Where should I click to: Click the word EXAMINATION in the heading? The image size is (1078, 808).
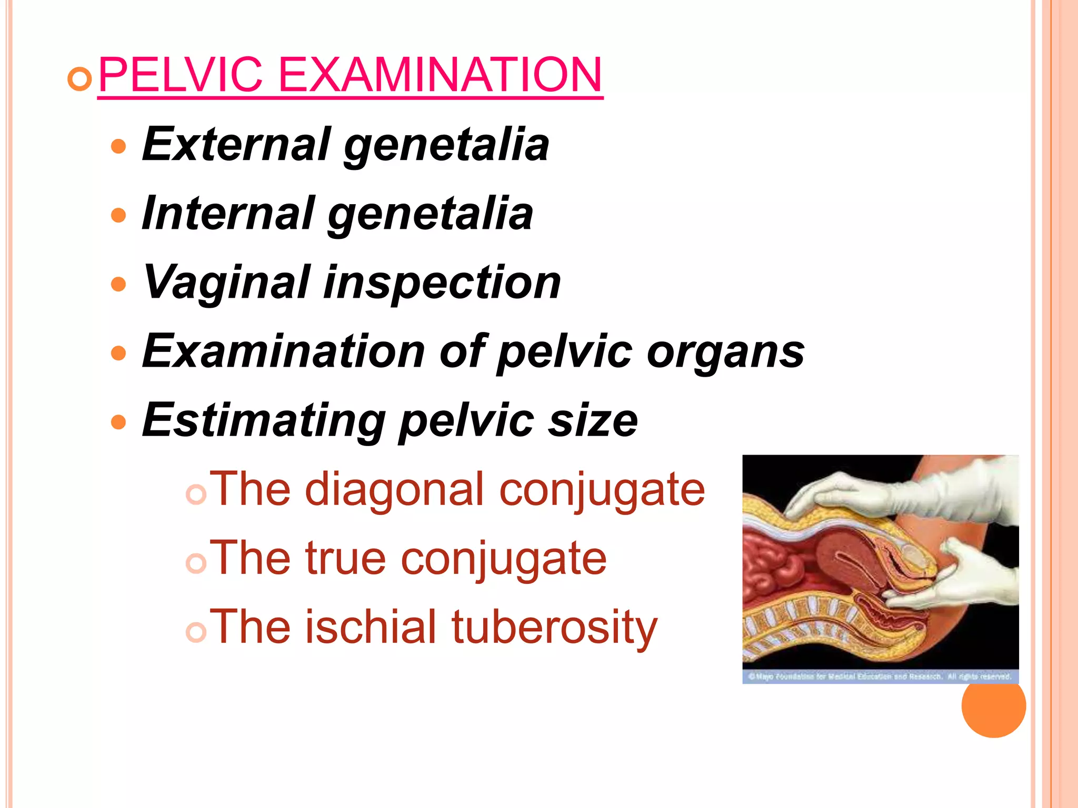pos(440,75)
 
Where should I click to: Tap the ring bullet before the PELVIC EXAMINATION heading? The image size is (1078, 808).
pos(80,79)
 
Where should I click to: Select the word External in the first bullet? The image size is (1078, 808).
pos(236,144)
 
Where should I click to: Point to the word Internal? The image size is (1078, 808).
pos(228,213)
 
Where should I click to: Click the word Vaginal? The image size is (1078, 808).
pos(226,283)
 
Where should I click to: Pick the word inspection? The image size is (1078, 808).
pos(442,283)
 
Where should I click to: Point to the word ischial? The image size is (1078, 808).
pos(371,627)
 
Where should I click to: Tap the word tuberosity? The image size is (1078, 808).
pos(554,628)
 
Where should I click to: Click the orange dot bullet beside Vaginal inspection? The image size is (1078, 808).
pos(119,284)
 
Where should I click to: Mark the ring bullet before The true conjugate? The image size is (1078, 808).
pos(196,563)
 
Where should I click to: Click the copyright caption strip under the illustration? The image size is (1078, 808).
pos(880,676)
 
